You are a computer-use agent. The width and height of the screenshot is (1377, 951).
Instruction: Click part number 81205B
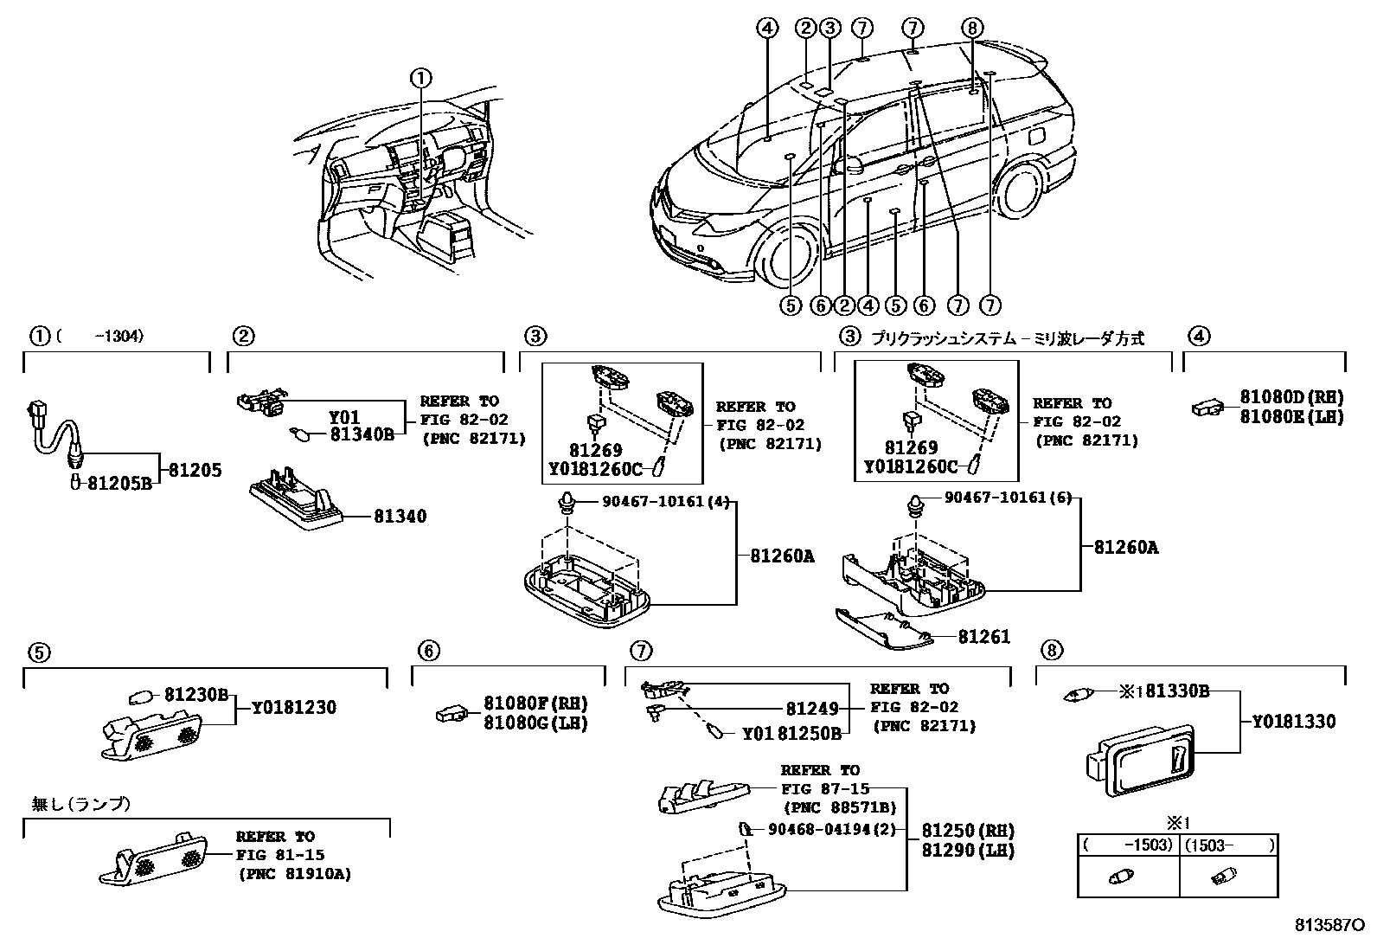coord(119,484)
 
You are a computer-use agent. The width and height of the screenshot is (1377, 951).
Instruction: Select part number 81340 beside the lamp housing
coord(400,517)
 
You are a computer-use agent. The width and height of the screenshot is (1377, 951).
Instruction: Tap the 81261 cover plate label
coord(983,637)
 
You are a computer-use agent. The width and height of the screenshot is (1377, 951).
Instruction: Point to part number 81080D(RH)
coord(1291,397)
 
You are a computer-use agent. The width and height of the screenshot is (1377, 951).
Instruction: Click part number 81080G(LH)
coord(535,723)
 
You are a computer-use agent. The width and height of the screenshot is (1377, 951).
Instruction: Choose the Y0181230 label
coord(294,708)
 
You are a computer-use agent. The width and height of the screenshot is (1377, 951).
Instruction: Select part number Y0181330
coord(1294,721)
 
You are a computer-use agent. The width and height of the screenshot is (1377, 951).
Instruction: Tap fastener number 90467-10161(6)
coord(1008,498)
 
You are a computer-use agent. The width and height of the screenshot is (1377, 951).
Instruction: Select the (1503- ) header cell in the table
coord(1228,845)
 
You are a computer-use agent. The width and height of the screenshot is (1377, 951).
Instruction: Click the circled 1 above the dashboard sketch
coord(420,79)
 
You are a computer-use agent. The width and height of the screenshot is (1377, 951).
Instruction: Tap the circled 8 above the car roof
coord(972,29)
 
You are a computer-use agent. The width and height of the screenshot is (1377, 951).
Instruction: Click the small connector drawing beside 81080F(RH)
coord(452,714)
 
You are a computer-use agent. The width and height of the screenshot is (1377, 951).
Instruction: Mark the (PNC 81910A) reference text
coord(294,874)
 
